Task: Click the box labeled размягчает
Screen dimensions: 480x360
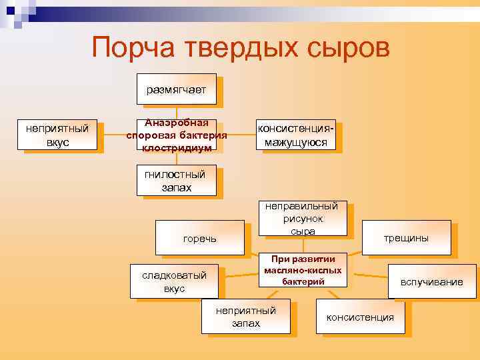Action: coord(176,89)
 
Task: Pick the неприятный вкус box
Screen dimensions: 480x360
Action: coord(57,135)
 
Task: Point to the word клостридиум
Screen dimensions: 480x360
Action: coord(177,148)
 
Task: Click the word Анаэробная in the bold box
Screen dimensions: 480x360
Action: coord(177,123)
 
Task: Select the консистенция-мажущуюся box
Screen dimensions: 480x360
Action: coord(295,135)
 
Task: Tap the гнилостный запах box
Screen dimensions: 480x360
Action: coord(176,181)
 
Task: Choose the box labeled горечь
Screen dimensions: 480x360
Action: coord(199,238)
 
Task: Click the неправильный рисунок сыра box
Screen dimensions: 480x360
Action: coord(302,219)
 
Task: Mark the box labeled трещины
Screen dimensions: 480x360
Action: coord(406,238)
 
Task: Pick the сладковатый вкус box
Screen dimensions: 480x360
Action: coord(174,282)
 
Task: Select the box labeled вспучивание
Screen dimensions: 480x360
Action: coord(431,282)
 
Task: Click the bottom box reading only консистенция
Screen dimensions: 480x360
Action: coord(360,317)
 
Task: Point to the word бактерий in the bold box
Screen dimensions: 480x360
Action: coord(303,281)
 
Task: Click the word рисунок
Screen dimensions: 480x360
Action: coord(302,219)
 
